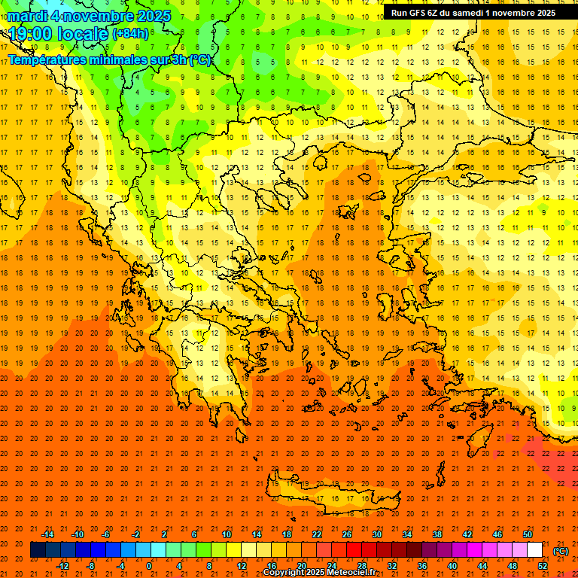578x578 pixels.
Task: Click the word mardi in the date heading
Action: [x=26, y=16]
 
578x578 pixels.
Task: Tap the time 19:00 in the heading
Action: [x=32, y=34]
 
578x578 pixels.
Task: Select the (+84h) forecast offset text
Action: [x=130, y=34]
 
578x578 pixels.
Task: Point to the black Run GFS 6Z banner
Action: [x=473, y=12]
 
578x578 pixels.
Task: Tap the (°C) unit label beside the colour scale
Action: [x=560, y=551]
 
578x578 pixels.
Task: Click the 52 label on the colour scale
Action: [x=543, y=565]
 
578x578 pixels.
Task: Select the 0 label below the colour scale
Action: [x=149, y=565]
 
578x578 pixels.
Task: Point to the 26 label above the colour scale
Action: [x=347, y=534]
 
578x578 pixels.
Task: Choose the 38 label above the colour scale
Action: [x=437, y=534]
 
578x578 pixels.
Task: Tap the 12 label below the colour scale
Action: [x=242, y=565]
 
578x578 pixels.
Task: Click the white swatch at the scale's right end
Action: [x=535, y=549]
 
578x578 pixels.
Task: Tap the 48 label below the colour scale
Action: [x=513, y=565]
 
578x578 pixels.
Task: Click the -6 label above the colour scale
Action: [x=106, y=534]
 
